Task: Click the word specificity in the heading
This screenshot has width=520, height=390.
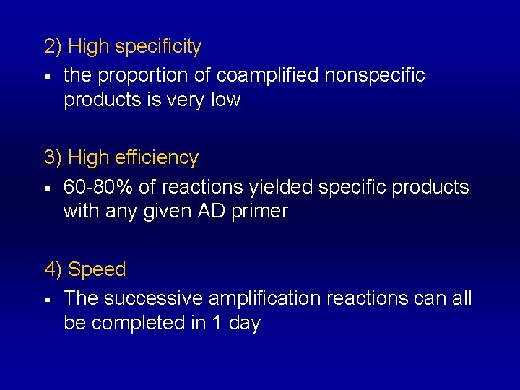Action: click(158, 48)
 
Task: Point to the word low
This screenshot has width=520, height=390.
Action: click(225, 100)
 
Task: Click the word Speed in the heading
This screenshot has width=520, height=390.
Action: click(97, 270)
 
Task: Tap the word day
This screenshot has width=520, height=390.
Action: click(244, 324)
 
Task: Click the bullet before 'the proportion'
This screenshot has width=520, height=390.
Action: click(47, 76)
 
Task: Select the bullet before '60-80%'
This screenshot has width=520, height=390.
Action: click(47, 188)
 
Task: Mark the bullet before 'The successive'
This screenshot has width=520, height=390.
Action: click(47, 299)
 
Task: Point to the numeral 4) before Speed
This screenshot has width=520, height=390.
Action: click(53, 270)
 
